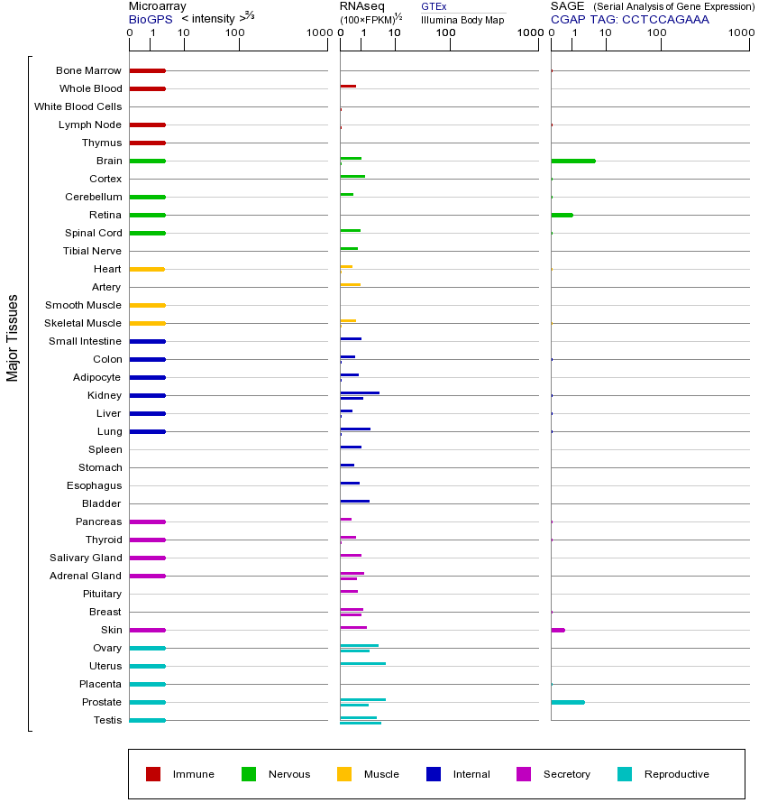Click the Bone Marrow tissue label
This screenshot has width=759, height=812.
pyautogui.click(x=88, y=70)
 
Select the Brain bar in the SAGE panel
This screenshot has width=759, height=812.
pyautogui.click(x=572, y=161)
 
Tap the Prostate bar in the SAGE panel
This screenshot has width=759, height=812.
pyautogui.click(x=567, y=702)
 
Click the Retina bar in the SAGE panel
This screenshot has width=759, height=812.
pyautogui.click(x=562, y=215)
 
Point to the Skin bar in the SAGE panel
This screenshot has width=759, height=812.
pyautogui.click(x=558, y=630)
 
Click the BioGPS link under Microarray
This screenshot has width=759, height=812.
pyautogui.click(x=150, y=19)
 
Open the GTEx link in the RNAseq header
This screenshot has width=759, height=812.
pyautogui.click(x=434, y=6)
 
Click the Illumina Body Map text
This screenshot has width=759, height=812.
pyautogui.click(x=462, y=19)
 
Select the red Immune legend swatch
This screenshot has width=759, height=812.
pyautogui.click(x=153, y=774)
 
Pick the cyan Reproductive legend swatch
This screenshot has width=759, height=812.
pyautogui.click(x=625, y=774)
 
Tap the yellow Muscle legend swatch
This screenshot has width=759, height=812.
pyautogui.click(x=344, y=774)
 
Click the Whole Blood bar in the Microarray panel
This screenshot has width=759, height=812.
pyautogui.click(x=147, y=88)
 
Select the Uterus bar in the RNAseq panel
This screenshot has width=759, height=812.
pyautogui.click(x=362, y=663)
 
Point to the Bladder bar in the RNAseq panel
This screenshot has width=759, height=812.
pyautogui.click(x=354, y=501)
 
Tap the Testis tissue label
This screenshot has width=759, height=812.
pyautogui.click(x=107, y=720)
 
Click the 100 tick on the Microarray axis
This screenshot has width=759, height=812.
pyautogui.click(x=235, y=33)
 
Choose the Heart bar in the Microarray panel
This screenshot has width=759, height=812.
pyautogui.click(x=147, y=269)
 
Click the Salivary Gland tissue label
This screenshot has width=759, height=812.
pyautogui.click(x=86, y=558)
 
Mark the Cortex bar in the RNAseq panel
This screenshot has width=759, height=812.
pyautogui.click(x=352, y=176)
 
